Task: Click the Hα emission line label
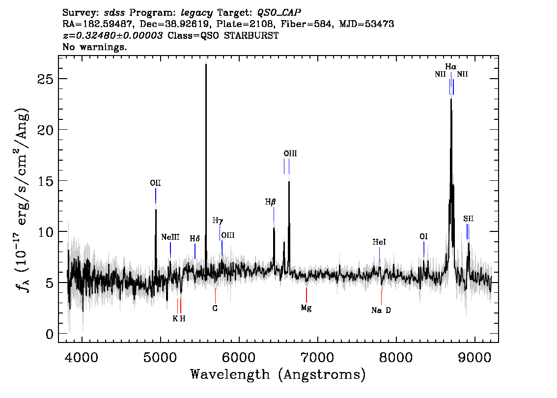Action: pyautogui.click(x=451, y=66)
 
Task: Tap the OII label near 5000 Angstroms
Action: pyautogui.click(x=155, y=183)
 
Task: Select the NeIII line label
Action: pyautogui.click(x=170, y=237)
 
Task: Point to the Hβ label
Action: pyautogui.click(x=270, y=202)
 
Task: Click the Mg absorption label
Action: pyautogui.click(x=306, y=308)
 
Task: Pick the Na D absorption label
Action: pyautogui.click(x=381, y=310)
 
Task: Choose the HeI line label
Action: pyautogui.click(x=379, y=242)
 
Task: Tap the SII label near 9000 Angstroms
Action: pyautogui.click(x=468, y=219)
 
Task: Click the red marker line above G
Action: pyautogui.click(x=215, y=295)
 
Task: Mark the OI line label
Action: pyautogui.click(x=423, y=237)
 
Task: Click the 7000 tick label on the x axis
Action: pyautogui.click(x=317, y=357)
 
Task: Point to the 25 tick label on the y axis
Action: pyautogui.click(x=45, y=79)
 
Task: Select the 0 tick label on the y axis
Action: pyautogui.click(x=50, y=334)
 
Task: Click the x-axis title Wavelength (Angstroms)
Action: pyautogui.click(x=278, y=374)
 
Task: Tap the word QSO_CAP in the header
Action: pyautogui.click(x=279, y=13)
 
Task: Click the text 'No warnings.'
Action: pyautogui.click(x=94, y=47)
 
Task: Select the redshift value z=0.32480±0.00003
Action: pyautogui.click(x=113, y=35)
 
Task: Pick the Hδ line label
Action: pyautogui.click(x=195, y=238)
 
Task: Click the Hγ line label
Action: pyautogui.click(x=218, y=221)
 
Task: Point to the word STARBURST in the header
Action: pyautogui.click(x=251, y=35)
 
